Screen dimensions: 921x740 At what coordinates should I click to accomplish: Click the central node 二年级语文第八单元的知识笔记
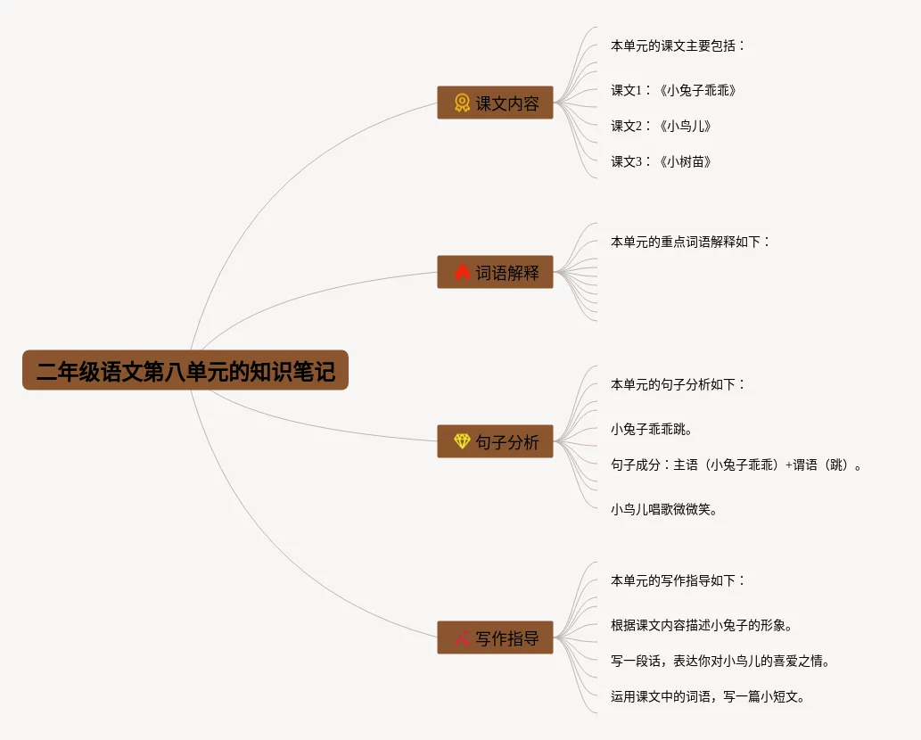coord(185,370)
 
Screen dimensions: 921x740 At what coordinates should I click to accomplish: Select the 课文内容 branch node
coord(495,103)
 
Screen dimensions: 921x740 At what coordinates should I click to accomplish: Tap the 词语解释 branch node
coord(495,272)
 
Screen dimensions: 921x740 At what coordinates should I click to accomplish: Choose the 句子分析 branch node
coord(495,441)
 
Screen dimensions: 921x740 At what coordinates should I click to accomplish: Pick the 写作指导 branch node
coord(495,637)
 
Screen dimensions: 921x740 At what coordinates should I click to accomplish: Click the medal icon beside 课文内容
coord(462,103)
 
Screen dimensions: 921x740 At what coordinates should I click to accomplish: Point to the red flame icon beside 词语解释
coord(462,272)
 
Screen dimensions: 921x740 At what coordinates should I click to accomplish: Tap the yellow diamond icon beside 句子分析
coord(462,441)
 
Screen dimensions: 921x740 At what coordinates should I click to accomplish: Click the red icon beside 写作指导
coord(462,637)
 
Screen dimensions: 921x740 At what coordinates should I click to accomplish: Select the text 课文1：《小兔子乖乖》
coord(673,90)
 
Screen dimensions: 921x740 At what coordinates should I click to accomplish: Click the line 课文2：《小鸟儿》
coord(661,126)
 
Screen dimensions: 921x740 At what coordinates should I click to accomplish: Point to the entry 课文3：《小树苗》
coord(661,161)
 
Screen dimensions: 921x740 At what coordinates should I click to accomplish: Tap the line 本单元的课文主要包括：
coord(677,45)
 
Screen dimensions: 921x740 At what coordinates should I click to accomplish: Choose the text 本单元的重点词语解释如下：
coord(689,242)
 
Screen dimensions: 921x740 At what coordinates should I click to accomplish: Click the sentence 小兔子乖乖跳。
coord(652,429)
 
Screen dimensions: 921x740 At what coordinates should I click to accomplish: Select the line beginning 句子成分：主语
coord(736,465)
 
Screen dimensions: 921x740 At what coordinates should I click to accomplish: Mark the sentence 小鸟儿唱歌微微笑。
coord(664,509)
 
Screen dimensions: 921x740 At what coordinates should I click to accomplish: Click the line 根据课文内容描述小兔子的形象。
coord(702,625)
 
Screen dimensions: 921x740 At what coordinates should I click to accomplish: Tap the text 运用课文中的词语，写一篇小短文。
coord(708,696)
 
